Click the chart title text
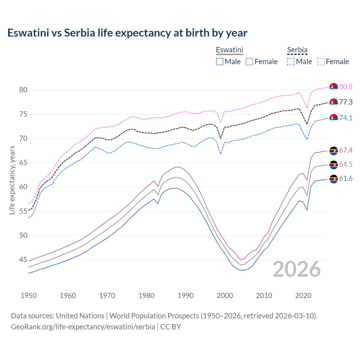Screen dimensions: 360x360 pos(127,33)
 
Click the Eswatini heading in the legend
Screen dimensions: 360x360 pos(229,50)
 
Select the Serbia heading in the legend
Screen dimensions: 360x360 pos(297,50)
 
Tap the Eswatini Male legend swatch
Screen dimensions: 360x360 pos(220,62)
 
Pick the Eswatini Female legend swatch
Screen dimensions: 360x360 pos(249,62)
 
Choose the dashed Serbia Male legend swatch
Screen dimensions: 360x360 pos(291,62)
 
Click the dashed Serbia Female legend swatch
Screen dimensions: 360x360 pos(321,62)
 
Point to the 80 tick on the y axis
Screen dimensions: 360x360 pos(23,90)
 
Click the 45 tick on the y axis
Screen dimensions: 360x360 pos(23,260)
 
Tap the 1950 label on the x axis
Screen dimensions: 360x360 pos(29,296)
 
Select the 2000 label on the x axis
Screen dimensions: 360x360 pos(225,296)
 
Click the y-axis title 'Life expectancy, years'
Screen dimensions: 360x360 pos(12,180)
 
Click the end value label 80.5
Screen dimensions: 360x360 pos(346,87)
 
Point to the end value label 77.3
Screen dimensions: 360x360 pos(346,102)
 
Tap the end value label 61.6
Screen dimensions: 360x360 pos(346,179)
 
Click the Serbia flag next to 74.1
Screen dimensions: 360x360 pos(334,118)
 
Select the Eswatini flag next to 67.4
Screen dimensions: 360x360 pos(334,151)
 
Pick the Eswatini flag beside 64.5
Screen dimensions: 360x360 pos(334,165)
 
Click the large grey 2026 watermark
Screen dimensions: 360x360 pos(297,269)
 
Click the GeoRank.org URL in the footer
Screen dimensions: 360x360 pos(83,327)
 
